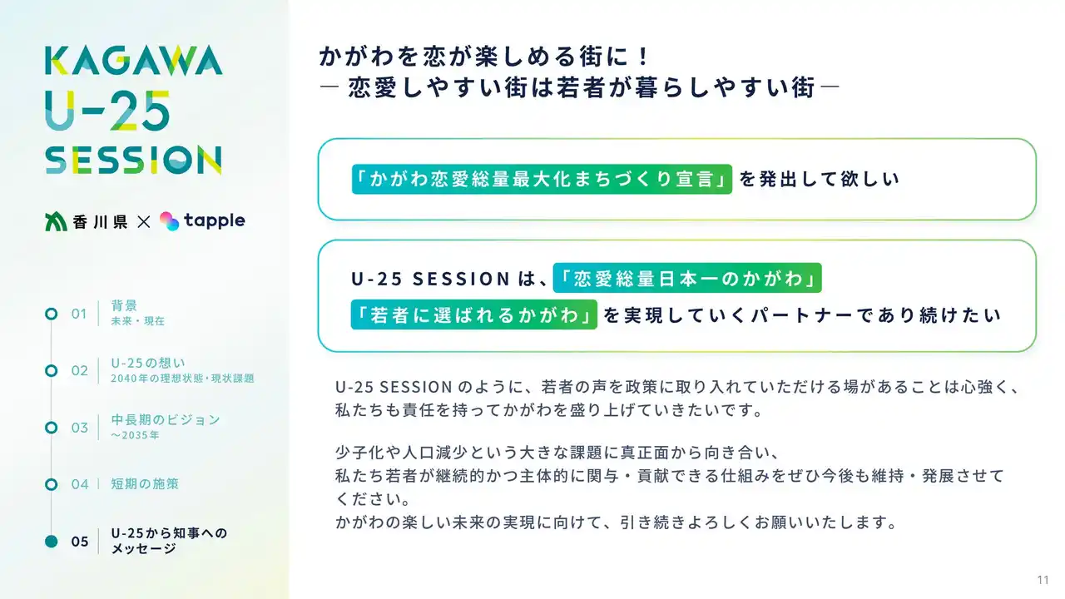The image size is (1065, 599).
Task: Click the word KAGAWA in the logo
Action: [134, 61]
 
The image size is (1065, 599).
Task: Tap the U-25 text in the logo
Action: [107, 111]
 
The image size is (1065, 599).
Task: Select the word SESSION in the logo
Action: [133, 160]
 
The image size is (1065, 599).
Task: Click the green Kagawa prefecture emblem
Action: [56, 221]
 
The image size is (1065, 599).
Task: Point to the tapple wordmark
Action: [215, 220]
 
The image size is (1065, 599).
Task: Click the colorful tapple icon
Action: [169, 221]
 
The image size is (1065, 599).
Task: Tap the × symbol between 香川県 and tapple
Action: [144, 221]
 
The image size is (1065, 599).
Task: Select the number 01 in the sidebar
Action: [79, 314]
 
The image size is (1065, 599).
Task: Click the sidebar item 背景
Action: [124, 305]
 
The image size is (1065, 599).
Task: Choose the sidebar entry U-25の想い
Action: [148, 364]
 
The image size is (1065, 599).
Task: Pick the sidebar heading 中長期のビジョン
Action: [166, 420]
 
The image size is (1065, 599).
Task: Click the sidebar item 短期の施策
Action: [145, 484]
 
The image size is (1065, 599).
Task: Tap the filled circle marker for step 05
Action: [52, 542]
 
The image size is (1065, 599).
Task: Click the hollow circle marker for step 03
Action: [52, 428]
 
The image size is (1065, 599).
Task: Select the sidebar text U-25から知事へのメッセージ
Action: [169, 541]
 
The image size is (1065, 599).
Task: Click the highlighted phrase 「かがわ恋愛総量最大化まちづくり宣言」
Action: [542, 179]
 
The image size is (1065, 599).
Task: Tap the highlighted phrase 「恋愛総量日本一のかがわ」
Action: [687, 278]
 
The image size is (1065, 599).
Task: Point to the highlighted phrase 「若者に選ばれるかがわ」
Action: [473, 314]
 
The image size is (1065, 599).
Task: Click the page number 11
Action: [1043, 580]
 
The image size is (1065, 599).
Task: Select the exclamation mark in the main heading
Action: [643, 57]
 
